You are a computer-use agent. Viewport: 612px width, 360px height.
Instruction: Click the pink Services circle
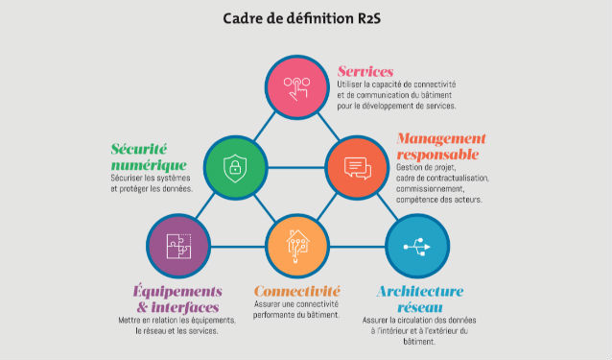pyautogui.click(x=297, y=87)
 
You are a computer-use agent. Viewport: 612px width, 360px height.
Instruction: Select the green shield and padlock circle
pyautogui.click(x=235, y=168)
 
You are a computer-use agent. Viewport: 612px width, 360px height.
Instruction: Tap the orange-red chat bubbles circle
pyautogui.click(x=357, y=168)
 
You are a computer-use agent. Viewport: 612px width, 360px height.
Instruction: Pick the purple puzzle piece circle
pyautogui.click(x=178, y=246)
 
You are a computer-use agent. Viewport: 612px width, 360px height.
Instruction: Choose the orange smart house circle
pyautogui.click(x=297, y=246)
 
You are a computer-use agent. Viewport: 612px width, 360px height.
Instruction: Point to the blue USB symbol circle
pyautogui.click(x=417, y=246)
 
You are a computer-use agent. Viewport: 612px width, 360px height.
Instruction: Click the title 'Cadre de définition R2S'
pyautogui.click(x=302, y=18)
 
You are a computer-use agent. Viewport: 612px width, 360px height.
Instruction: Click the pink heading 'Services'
pyautogui.click(x=365, y=71)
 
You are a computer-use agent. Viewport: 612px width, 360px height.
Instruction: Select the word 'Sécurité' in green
pyautogui.click(x=139, y=149)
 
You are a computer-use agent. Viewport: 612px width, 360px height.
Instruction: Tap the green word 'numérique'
pyautogui.click(x=149, y=165)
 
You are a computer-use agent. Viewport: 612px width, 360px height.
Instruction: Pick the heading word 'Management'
pyautogui.click(x=441, y=138)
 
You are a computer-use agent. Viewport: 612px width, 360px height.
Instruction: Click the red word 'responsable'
pyautogui.click(x=437, y=155)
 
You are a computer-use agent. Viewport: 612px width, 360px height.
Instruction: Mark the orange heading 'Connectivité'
pyautogui.click(x=297, y=291)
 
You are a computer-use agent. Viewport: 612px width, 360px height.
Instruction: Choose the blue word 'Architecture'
pyautogui.click(x=420, y=291)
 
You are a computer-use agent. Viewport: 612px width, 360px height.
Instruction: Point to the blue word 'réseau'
pyautogui.click(x=420, y=307)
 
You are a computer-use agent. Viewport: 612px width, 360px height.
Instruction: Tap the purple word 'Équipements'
pyautogui.click(x=177, y=291)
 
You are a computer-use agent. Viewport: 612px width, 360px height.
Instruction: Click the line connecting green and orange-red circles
pyautogui.click(x=296, y=168)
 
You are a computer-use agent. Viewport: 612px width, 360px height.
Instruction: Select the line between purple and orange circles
pyautogui.click(x=238, y=247)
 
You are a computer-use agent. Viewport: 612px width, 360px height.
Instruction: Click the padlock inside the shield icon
pyautogui.click(x=235, y=168)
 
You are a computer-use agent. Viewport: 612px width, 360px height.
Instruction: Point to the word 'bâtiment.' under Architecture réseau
pyautogui.click(x=419, y=342)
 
